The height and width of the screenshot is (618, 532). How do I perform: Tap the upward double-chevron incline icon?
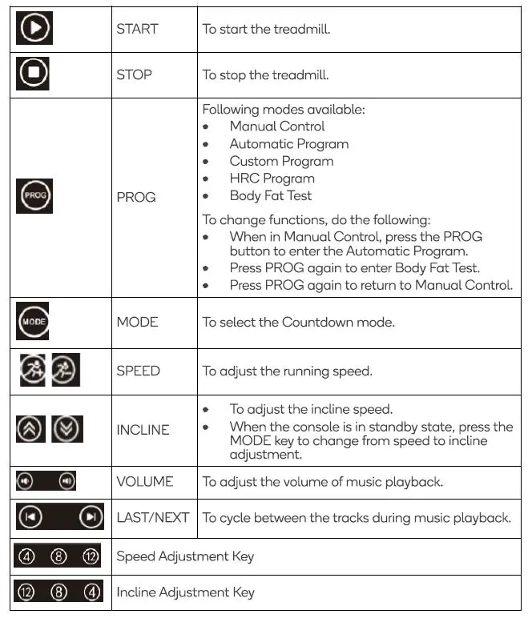(30, 429)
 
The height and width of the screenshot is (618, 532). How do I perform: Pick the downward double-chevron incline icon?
(66, 429)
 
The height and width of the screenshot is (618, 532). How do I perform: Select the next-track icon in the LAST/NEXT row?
(91, 517)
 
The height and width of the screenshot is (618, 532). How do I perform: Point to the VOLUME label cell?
(145, 481)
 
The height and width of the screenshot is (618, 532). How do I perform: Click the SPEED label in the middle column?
(138, 371)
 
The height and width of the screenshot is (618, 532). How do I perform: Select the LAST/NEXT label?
(153, 517)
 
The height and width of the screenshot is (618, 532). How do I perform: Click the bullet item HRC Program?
(272, 178)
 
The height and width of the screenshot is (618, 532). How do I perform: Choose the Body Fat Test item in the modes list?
(270, 195)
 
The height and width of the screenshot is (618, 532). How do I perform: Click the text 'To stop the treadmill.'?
(266, 74)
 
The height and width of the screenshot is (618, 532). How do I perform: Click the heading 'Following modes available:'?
(284, 109)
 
